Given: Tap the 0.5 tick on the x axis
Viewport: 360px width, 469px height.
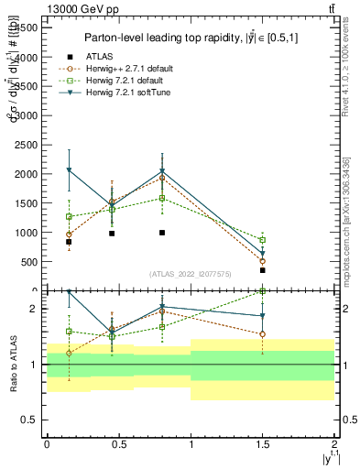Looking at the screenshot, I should (x=118, y=443).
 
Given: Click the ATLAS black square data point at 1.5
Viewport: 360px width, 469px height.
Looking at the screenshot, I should (x=262, y=270).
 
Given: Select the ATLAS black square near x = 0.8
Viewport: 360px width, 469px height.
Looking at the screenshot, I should (x=161, y=233).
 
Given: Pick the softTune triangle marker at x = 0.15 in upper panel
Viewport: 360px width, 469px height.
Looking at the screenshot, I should (x=69, y=170).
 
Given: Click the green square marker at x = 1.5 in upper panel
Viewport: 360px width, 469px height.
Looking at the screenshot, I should (x=262, y=240).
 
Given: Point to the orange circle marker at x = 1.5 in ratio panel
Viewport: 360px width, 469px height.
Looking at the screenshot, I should (x=262, y=334).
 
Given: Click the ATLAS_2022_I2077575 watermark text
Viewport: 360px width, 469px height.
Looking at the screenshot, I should (x=190, y=274).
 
